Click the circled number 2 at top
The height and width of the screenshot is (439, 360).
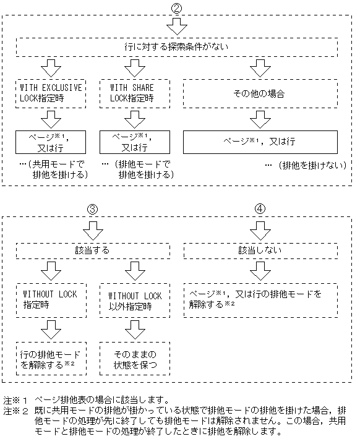(x=178, y=8)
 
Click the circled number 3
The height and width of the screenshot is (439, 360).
(x=91, y=209)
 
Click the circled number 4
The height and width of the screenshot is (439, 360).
(x=260, y=209)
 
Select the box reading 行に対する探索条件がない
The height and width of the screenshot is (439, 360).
(x=177, y=46)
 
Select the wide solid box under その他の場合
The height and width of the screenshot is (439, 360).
(x=260, y=141)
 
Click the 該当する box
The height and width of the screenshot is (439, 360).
(x=91, y=250)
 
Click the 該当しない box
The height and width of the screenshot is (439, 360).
(x=260, y=250)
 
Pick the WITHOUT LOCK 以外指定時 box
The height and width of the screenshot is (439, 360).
(x=135, y=300)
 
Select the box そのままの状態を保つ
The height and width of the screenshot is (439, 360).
(x=135, y=359)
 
